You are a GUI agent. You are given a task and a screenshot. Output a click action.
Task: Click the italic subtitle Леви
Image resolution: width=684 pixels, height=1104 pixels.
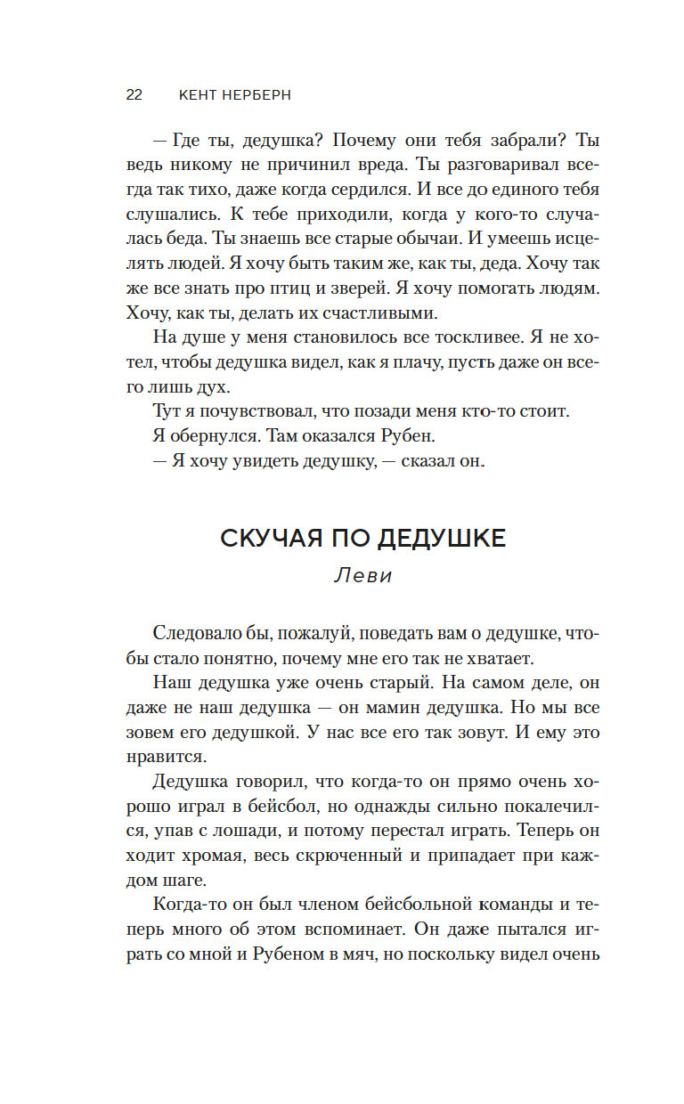[x=362, y=575]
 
